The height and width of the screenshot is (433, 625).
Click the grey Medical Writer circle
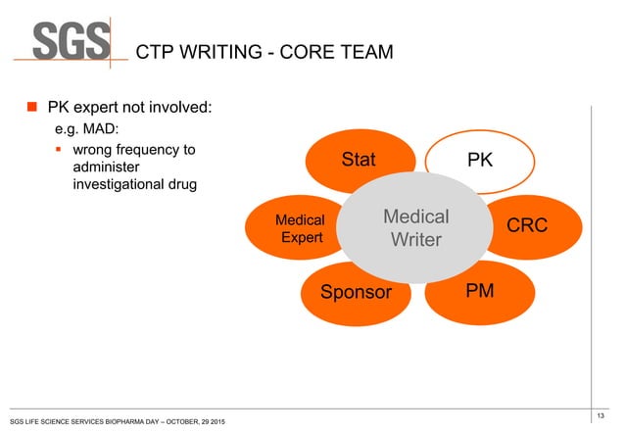coord(415,228)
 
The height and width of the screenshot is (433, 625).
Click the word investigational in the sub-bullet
coord(120,185)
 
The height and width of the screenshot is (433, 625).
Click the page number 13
coord(599,416)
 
